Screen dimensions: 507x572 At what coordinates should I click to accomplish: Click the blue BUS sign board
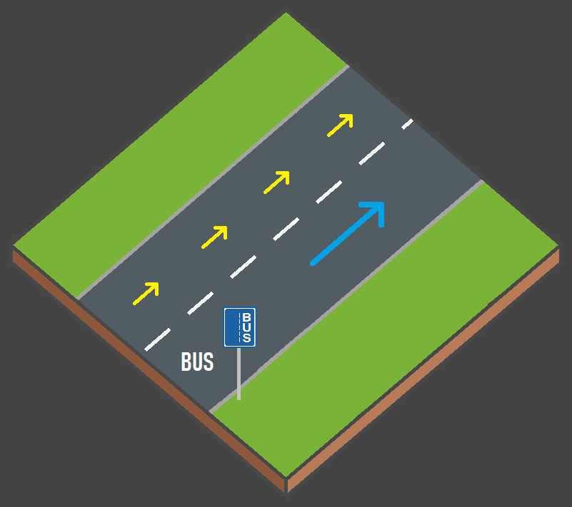[240, 327]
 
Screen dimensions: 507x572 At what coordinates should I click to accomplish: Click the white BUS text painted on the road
[197, 362]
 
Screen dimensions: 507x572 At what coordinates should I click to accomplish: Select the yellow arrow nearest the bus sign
[146, 293]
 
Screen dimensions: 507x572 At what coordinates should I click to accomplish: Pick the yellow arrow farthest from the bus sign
[341, 125]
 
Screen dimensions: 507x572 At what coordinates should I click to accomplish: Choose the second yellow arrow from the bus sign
[215, 237]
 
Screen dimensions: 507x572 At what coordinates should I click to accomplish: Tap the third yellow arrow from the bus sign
[277, 182]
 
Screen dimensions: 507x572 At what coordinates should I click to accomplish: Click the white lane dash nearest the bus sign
[158, 339]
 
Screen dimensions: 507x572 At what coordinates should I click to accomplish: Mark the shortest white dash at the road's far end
[407, 123]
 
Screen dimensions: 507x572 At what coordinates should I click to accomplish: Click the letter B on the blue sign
[247, 317]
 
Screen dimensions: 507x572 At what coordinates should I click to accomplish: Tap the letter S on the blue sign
[247, 337]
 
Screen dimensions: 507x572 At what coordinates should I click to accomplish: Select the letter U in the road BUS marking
[197, 362]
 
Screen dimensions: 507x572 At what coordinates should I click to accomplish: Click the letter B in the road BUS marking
[186, 362]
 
